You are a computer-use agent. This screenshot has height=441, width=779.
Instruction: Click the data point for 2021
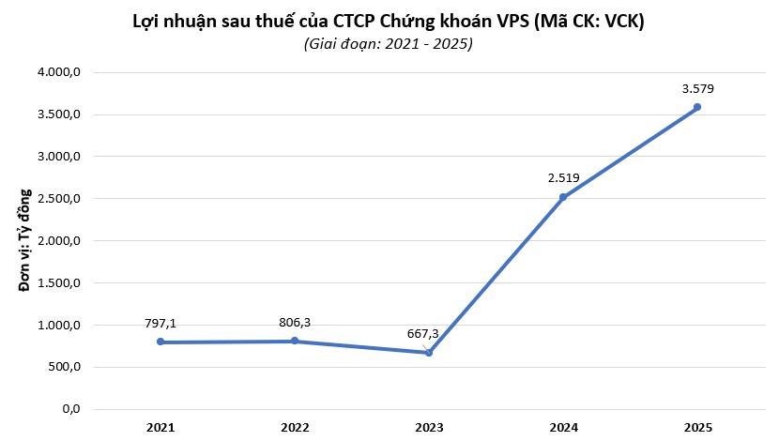(160, 342)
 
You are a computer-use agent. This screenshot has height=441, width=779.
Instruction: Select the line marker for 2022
(295, 341)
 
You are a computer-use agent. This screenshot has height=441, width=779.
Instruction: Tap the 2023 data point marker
(429, 353)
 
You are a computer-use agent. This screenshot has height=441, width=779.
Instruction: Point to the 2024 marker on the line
(563, 197)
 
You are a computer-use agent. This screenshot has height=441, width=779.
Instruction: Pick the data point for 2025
(697, 107)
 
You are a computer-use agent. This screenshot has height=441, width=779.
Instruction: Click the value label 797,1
(160, 324)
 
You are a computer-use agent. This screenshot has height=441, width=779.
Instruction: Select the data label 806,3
(295, 322)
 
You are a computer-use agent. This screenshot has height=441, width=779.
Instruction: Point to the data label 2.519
(563, 178)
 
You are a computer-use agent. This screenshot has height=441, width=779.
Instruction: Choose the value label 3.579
(697, 89)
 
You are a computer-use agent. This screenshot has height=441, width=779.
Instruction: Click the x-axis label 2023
(429, 428)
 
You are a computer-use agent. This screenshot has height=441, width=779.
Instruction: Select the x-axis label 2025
(697, 428)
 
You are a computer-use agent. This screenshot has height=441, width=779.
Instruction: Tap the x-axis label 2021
(160, 428)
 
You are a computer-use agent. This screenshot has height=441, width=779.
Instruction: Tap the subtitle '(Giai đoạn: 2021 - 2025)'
(388, 44)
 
